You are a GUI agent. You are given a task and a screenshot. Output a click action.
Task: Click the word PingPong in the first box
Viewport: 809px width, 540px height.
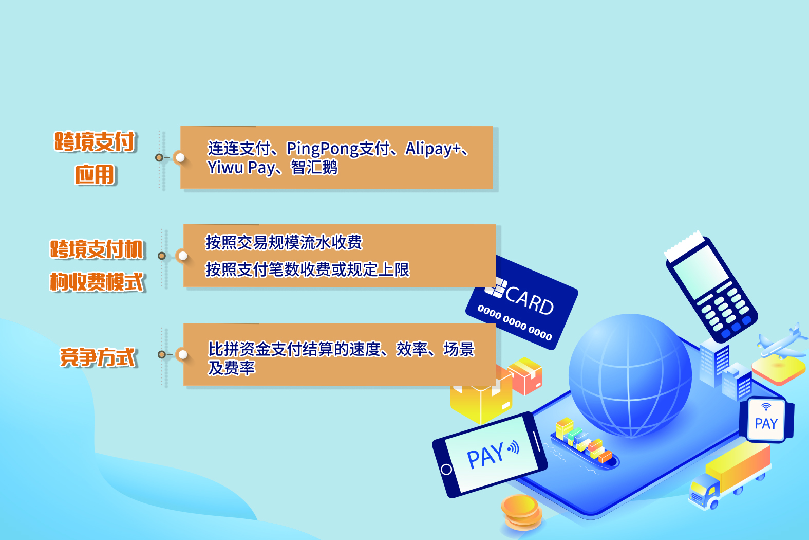[x=323, y=149]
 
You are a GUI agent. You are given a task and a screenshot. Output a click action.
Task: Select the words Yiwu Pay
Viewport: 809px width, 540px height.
[x=241, y=168]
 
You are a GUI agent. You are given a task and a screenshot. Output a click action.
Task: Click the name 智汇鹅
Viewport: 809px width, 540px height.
[x=314, y=167]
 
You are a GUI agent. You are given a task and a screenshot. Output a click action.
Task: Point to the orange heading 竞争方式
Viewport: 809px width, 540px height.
[x=98, y=357]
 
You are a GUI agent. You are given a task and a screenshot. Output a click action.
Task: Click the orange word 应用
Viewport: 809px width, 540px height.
[x=95, y=175]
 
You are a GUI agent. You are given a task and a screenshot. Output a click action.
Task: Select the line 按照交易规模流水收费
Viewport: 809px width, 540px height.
[x=284, y=242]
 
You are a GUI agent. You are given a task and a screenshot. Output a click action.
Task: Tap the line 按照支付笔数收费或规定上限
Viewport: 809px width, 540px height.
[x=307, y=269]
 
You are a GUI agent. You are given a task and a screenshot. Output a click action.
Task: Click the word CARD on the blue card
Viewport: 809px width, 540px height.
[x=530, y=300]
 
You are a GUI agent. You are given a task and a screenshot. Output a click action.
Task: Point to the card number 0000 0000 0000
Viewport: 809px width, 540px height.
[x=515, y=322]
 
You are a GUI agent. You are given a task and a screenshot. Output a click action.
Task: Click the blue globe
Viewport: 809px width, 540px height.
[x=630, y=376]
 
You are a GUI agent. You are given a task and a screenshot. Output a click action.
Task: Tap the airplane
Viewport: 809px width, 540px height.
[x=782, y=341]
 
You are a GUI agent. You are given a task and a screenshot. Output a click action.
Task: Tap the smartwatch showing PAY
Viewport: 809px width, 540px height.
[x=766, y=420]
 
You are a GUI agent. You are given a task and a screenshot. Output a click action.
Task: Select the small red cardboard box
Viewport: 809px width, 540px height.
[x=525, y=376]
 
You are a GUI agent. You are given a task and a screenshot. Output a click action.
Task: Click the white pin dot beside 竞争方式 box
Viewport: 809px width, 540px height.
[x=183, y=354]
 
